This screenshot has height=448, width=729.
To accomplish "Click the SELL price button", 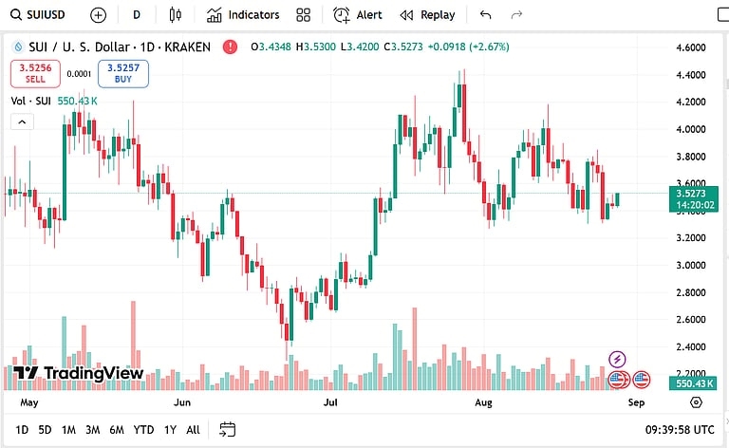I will pos(35,73).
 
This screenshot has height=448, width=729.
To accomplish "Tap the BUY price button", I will pos(123,73).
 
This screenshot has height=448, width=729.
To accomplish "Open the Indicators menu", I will pos(243,15).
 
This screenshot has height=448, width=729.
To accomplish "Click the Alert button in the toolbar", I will pos(358,15).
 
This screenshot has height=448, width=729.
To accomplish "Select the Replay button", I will pos(428,15).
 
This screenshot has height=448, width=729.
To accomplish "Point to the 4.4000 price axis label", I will pos(689,75).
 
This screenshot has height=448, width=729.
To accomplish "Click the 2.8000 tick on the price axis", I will pos(689,292).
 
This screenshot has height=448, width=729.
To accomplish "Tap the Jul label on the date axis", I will pos(331,402).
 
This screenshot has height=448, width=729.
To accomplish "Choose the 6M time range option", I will pos(116,429).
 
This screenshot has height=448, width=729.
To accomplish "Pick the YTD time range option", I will pos(143,429).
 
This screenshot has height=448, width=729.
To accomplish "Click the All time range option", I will pos(193,429).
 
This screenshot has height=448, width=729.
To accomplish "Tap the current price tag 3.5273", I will pos(697,192).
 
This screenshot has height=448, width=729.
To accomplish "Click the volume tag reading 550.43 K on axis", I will pos(695,383).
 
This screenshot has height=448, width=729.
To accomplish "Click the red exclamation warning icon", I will pos(231,47).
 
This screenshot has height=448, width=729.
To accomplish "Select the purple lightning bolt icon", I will pos(618,359).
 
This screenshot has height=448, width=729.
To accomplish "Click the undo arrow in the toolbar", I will pos(486,15).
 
